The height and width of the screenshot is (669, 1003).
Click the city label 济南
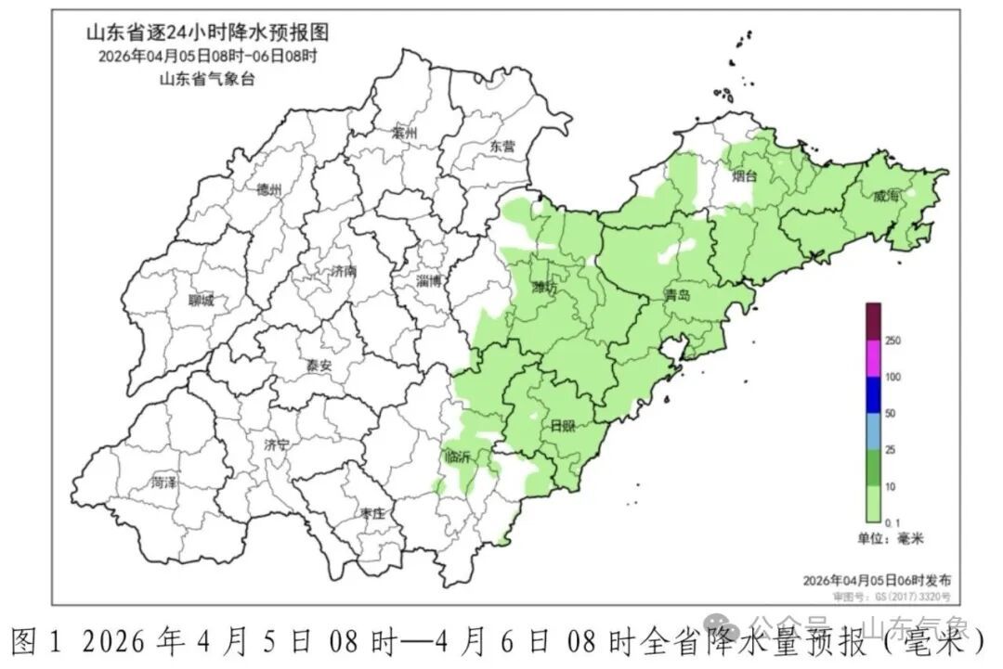[x=344, y=272]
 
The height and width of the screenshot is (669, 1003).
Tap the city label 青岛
[x=678, y=296]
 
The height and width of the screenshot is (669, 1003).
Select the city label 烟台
[x=744, y=174]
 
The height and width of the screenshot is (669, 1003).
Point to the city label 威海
[x=887, y=196]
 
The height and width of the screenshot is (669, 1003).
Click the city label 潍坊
[x=545, y=288]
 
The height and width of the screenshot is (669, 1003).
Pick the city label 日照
[x=563, y=426]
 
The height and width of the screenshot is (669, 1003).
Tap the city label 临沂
[x=458, y=456]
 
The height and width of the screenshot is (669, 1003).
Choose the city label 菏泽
[x=164, y=482]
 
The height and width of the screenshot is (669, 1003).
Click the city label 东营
[x=502, y=146]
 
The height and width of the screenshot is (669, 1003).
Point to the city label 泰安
[x=319, y=366]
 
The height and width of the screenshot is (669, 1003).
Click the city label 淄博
[x=429, y=280]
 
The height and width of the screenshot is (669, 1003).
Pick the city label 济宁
[x=276, y=444]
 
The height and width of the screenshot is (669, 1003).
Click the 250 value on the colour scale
[x=893, y=341]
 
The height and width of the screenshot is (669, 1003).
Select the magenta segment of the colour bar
[x=873, y=358]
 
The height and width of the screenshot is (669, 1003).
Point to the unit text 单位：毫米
[x=891, y=538]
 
